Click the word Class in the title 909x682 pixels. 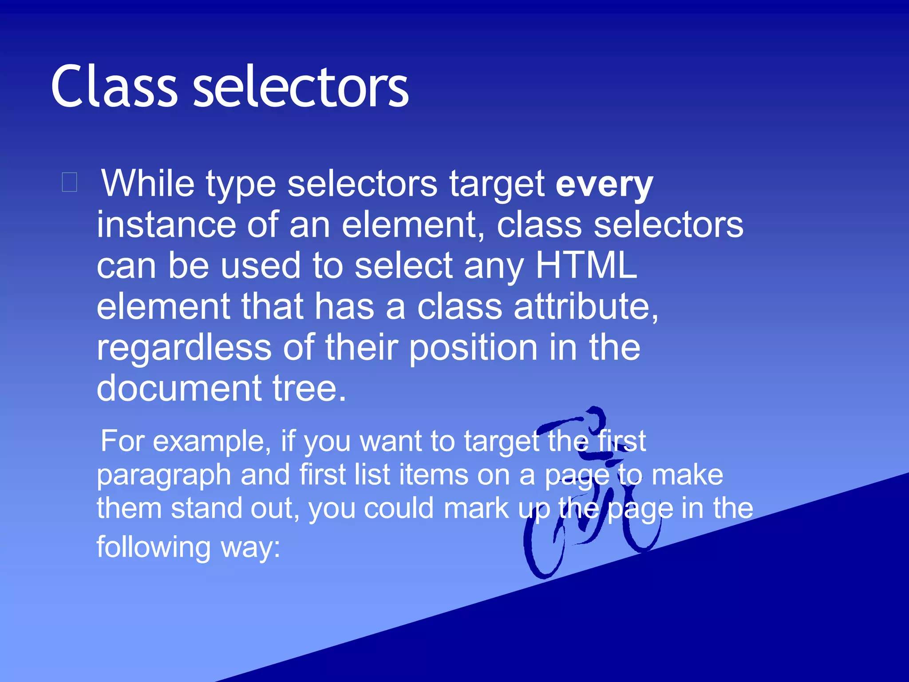pyautogui.click(x=115, y=87)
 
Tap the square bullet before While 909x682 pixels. pyautogui.click(x=70, y=182)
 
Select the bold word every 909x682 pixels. pyautogui.click(x=604, y=184)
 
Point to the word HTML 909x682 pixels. pyautogui.click(x=586, y=266)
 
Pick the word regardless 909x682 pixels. pyautogui.click(x=184, y=348)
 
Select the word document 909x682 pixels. pyautogui.click(x=179, y=388)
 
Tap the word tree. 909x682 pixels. pyautogui.click(x=309, y=388)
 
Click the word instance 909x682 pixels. pyautogui.click(x=166, y=225)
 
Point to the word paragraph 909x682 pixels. pyautogui.click(x=164, y=475)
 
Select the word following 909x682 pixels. pyautogui.click(x=153, y=547)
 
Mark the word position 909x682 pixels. pyautogui.click(x=473, y=348)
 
